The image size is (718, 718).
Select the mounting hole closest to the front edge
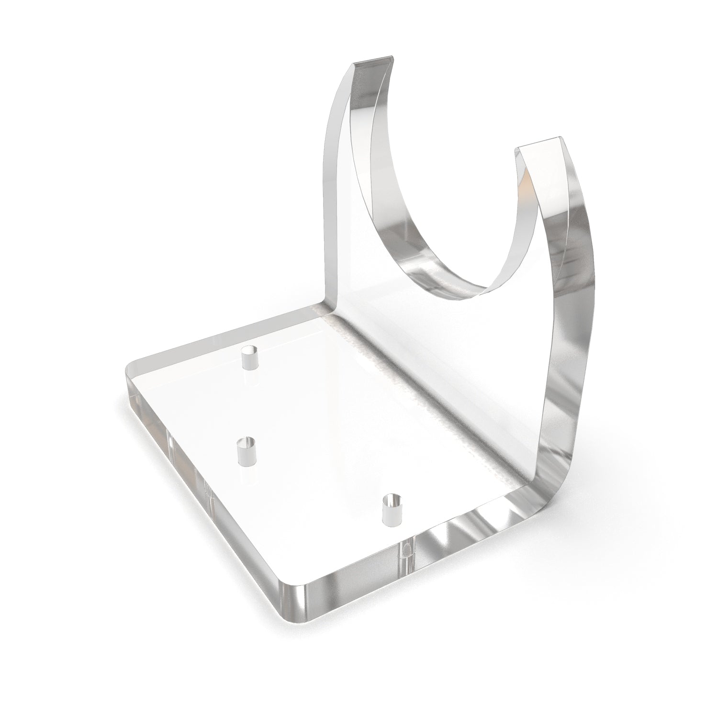(x=393, y=510)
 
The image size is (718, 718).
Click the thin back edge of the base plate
(x=225, y=335)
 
